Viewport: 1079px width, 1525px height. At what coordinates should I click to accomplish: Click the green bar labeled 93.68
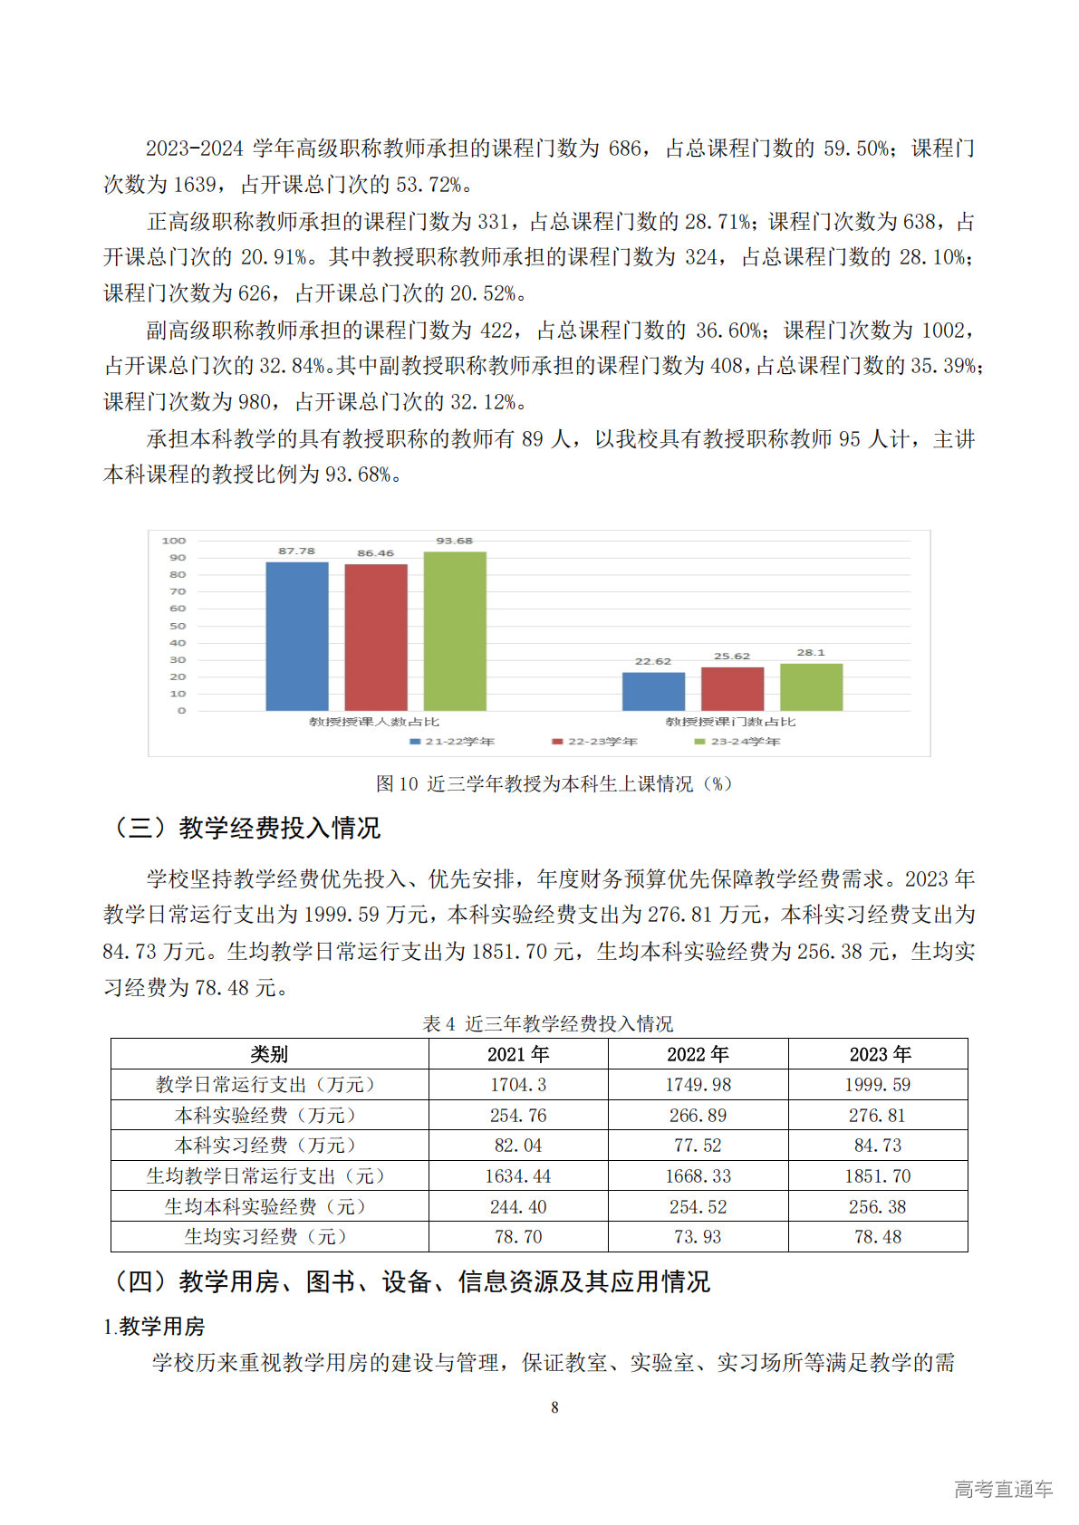tap(455, 630)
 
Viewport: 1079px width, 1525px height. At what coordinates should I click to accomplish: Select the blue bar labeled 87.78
tap(296, 636)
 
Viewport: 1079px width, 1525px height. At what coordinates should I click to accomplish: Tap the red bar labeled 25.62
tap(732, 688)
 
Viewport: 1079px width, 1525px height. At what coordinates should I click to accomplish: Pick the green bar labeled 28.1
tap(811, 686)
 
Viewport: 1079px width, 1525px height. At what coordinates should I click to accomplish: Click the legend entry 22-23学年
tap(595, 742)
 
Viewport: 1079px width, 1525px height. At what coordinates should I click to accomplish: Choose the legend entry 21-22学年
tap(452, 742)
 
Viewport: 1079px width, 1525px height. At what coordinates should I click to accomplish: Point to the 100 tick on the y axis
tap(174, 541)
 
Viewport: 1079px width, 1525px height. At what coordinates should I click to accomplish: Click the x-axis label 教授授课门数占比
tap(730, 722)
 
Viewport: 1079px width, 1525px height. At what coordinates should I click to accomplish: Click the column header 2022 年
tap(698, 1054)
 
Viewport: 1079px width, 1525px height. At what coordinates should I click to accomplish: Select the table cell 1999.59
tap(878, 1085)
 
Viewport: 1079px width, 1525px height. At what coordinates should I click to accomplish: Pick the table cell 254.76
tap(518, 1116)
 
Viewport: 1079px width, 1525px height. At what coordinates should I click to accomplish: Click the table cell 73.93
tap(698, 1237)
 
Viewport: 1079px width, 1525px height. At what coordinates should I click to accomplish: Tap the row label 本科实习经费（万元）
tap(269, 1146)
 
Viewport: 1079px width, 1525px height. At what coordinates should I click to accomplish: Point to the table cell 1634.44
tap(518, 1176)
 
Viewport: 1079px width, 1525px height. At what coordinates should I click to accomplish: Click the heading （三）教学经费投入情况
tap(245, 828)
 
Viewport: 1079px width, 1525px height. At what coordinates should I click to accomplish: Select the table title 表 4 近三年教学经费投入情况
tap(548, 1023)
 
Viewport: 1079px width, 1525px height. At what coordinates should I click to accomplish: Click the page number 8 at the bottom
tap(554, 1407)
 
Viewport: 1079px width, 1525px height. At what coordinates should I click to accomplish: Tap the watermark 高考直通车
tap(1003, 1489)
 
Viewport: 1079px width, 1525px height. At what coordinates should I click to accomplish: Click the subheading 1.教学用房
tap(154, 1327)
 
